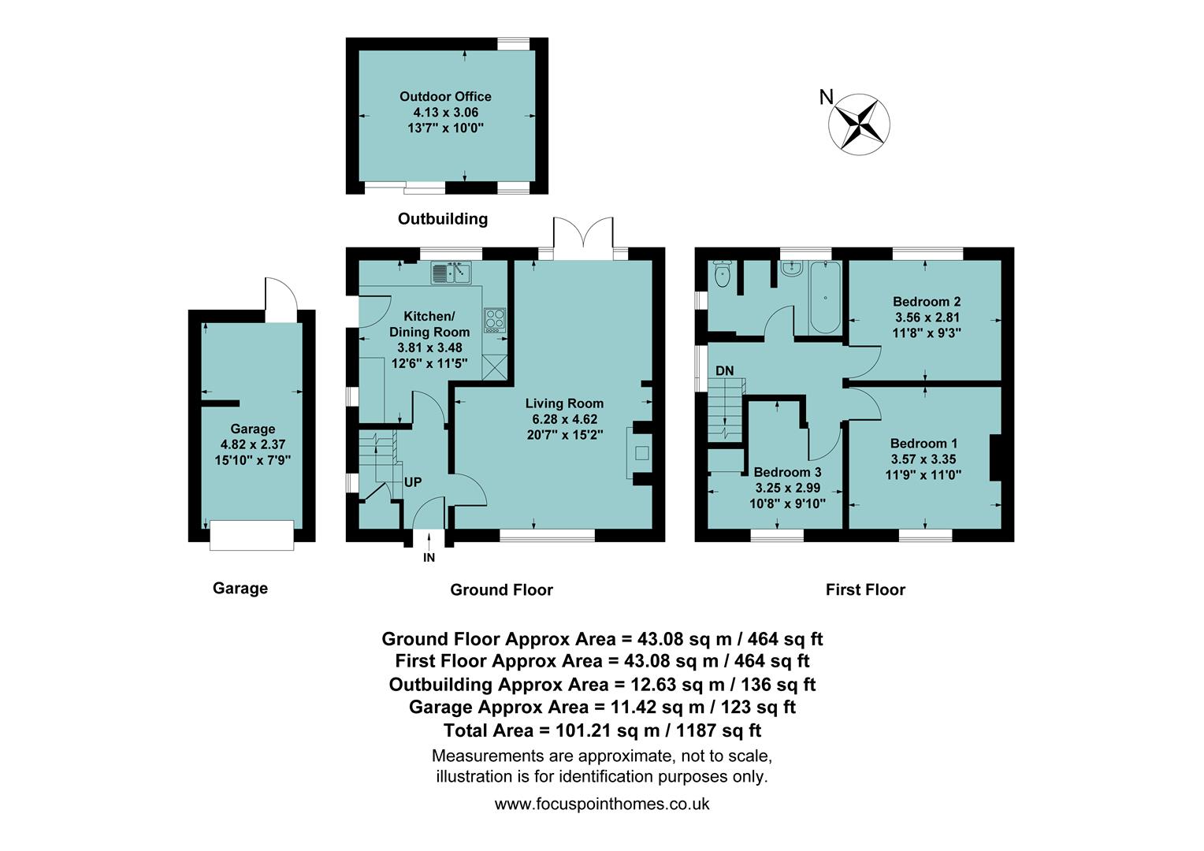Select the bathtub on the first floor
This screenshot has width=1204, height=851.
tap(825, 298)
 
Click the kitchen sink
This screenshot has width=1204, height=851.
tap(451, 273)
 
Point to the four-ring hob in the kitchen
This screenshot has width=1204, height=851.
tap(495, 318)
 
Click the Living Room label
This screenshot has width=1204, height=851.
tap(564, 403)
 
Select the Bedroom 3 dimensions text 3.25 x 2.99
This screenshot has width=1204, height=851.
tap(787, 488)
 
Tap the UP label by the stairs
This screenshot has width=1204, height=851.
tap(413, 481)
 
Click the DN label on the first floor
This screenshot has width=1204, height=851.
tap(724, 370)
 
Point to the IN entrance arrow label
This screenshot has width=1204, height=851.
tap(429, 557)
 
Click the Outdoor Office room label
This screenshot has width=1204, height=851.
tap(445, 97)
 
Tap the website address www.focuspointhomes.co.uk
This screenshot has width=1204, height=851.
tap(602, 804)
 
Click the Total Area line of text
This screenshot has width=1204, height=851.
tap(602, 730)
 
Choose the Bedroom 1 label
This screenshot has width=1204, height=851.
tap(923, 444)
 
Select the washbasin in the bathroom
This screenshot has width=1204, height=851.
tap(790, 269)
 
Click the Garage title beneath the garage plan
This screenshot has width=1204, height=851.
tap(240, 588)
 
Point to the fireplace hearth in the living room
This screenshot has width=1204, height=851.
tap(641, 452)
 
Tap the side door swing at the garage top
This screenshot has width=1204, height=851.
tap(281, 300)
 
